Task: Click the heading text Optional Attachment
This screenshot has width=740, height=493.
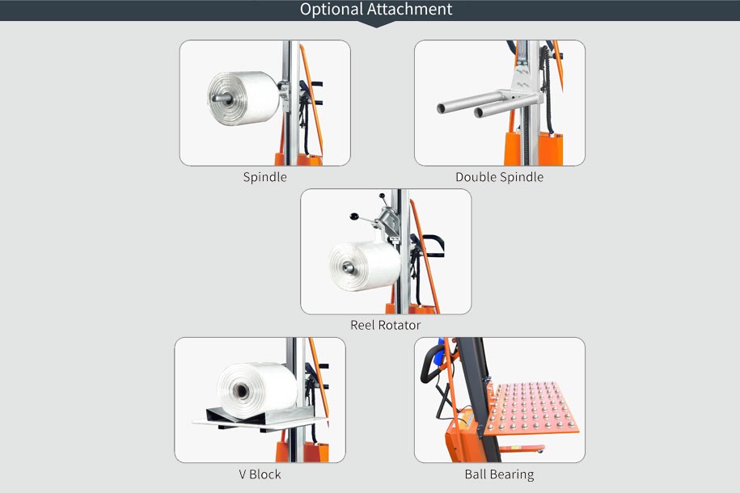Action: [376, 10]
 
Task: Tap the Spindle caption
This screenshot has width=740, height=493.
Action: [264, 177]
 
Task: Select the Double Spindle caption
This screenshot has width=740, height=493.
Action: [499, 177]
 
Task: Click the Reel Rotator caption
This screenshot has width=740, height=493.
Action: [385, 325]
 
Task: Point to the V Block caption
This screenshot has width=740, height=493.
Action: [260, 474]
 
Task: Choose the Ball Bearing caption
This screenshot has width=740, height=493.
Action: [499, 474]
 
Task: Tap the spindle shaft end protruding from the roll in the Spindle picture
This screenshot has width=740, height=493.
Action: [219, 98]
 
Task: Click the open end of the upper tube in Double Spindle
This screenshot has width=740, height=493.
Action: [441, 108]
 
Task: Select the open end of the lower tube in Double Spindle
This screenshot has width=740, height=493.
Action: [479, 112]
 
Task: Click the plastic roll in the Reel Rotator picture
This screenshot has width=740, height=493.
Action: [365, 266]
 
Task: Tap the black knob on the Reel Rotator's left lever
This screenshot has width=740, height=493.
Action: [354, 217]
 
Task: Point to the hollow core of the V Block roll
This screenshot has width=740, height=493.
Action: [241, 390]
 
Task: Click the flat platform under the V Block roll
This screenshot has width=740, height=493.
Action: [260, 422]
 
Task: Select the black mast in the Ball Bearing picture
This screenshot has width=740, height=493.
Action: [479, 396]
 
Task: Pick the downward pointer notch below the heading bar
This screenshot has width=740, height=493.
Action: [376, 24]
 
